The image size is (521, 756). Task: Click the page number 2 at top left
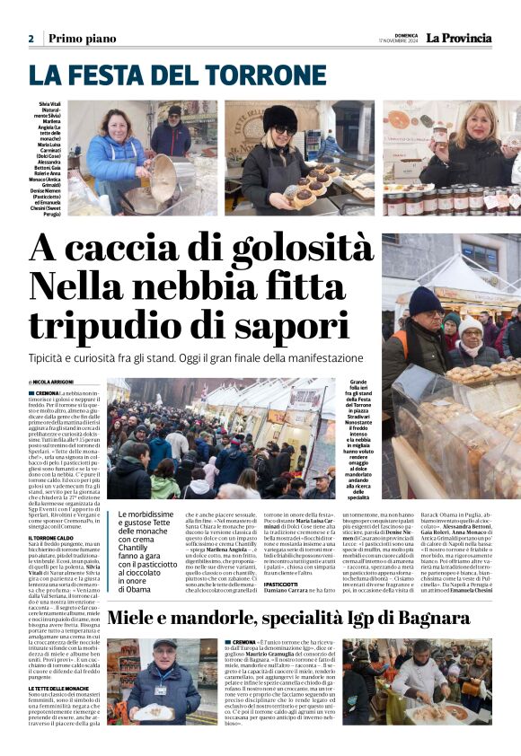click(x=31, y=39)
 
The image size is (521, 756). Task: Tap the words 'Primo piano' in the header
click(x=82, y=39)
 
